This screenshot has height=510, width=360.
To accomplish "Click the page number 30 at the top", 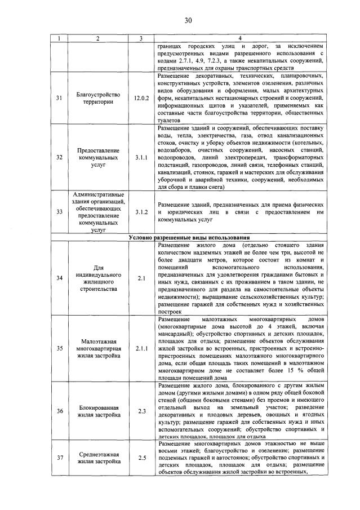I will coord(188,20).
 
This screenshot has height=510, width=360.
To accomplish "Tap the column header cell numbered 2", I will coord(97,38).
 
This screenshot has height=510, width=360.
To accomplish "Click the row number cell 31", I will coord(60,98).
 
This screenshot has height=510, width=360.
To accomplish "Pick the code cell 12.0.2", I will coord(140,98).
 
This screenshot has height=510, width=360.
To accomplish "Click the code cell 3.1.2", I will coord(140,212).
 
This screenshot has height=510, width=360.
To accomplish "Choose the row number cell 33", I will coord(60,212).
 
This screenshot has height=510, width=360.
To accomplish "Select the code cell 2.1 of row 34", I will coord(140,277).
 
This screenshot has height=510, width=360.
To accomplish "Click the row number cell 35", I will coord(60,348).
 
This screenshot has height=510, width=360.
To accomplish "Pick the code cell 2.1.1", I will coord(140,348).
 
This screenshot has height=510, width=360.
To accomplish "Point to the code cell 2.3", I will coord(140,410).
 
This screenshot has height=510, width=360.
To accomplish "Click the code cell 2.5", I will coord(140,457).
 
